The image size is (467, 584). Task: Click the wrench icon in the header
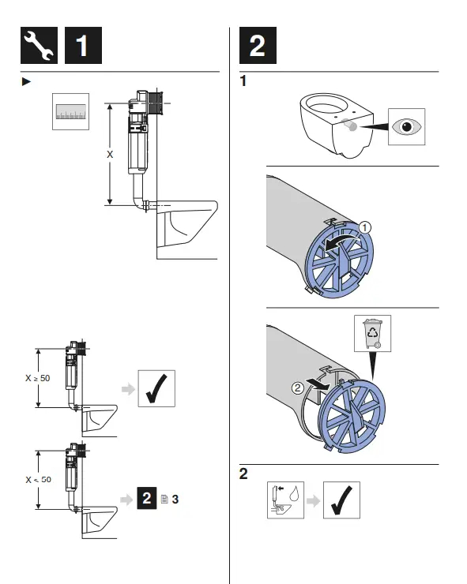click(39, 47)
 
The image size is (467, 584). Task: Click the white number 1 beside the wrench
click(82, 47)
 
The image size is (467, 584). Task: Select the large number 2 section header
click(257, 47)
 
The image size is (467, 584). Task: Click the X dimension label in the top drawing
click(110, 155)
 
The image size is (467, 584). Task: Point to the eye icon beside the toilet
click(407, 127)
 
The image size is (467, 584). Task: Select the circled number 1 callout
click(364, 227)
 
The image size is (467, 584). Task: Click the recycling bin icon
click(371, 334)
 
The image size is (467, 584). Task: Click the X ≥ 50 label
click(37, 378)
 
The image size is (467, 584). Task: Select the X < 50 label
click(37, 480)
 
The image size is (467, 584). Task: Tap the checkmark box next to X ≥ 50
click(156, 388)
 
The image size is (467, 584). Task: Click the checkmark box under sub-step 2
click(341, 500)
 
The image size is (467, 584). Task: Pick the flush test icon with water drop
click(285, 500)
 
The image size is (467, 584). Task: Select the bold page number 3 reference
click(175, 500)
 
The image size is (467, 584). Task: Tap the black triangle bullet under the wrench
click(25, 81)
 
